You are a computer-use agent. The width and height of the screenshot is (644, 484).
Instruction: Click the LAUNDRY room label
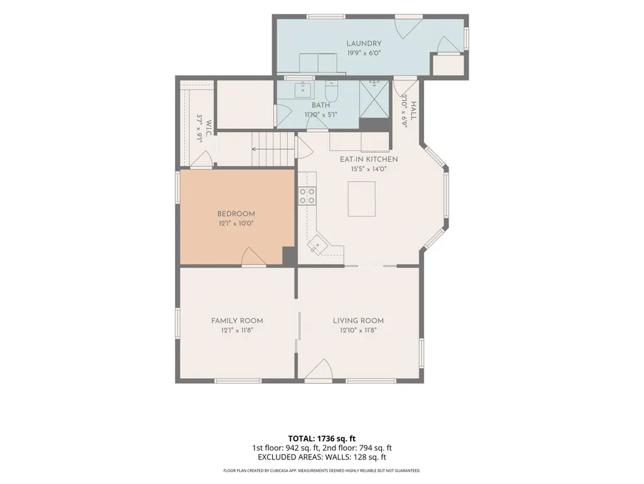pyautogui.click(x=364, y=43)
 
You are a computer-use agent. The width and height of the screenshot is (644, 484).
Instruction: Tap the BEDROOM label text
pyautogui.click(x=236, y=213)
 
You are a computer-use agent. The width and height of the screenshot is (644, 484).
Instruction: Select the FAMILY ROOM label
pyautogui.click(x=237, y=320)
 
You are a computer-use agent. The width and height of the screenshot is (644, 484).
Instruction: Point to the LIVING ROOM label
pyautogui.click(x=358, y=320)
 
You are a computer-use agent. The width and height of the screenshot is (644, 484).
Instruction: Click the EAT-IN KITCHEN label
pyautogui.click(x=369, y=159)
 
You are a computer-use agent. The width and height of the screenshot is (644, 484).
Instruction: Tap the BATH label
pyautogui.click(x=321, y=105)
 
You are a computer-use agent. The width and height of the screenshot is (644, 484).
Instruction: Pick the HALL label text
pyautogui.click(x=413, y=111)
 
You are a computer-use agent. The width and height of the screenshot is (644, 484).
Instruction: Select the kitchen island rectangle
pyautogui.click(x=362, y=199)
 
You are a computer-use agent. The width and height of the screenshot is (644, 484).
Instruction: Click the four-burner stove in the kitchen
pyautogui.click(x=307, y=196)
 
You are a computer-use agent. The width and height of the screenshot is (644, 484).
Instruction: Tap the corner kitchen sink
pyautogui.click(x=317, y=245)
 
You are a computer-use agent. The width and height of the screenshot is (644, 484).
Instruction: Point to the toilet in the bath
pyautogui.click(x=331, y=91)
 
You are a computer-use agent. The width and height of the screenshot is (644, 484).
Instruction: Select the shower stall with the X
pyautogui.click(x=374, y=99)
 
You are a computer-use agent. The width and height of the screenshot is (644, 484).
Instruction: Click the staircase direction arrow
pyautogui.click(x=273, y=149)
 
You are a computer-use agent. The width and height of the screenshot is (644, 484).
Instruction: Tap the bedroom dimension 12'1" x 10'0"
pyautogui.click(x=236, y=223)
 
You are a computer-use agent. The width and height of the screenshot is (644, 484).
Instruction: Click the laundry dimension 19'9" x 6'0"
pyautogui.click(x=364, y=53)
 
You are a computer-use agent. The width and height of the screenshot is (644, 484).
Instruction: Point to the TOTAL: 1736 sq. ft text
pyautogui.click(x=322, y=438)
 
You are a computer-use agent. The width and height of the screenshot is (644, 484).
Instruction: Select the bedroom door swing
pyautogui.click(x=254, y=256)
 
